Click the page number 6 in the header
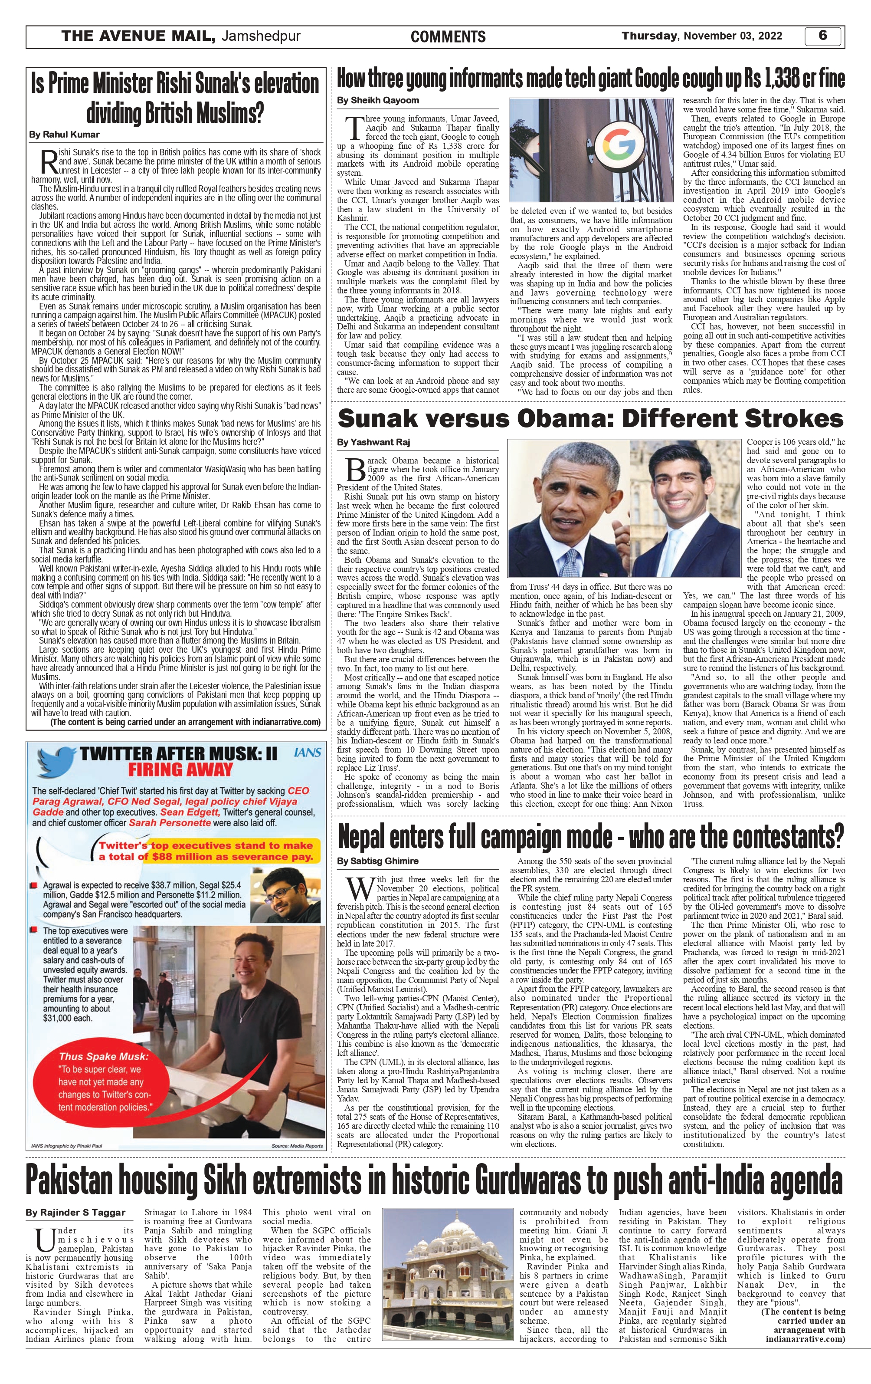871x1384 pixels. pyautogui.click(x=823, y=36)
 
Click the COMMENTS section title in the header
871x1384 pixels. pyautogui.click(x=448, y=37)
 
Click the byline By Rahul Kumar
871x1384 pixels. pyautogui.click(x=64, y=135)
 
